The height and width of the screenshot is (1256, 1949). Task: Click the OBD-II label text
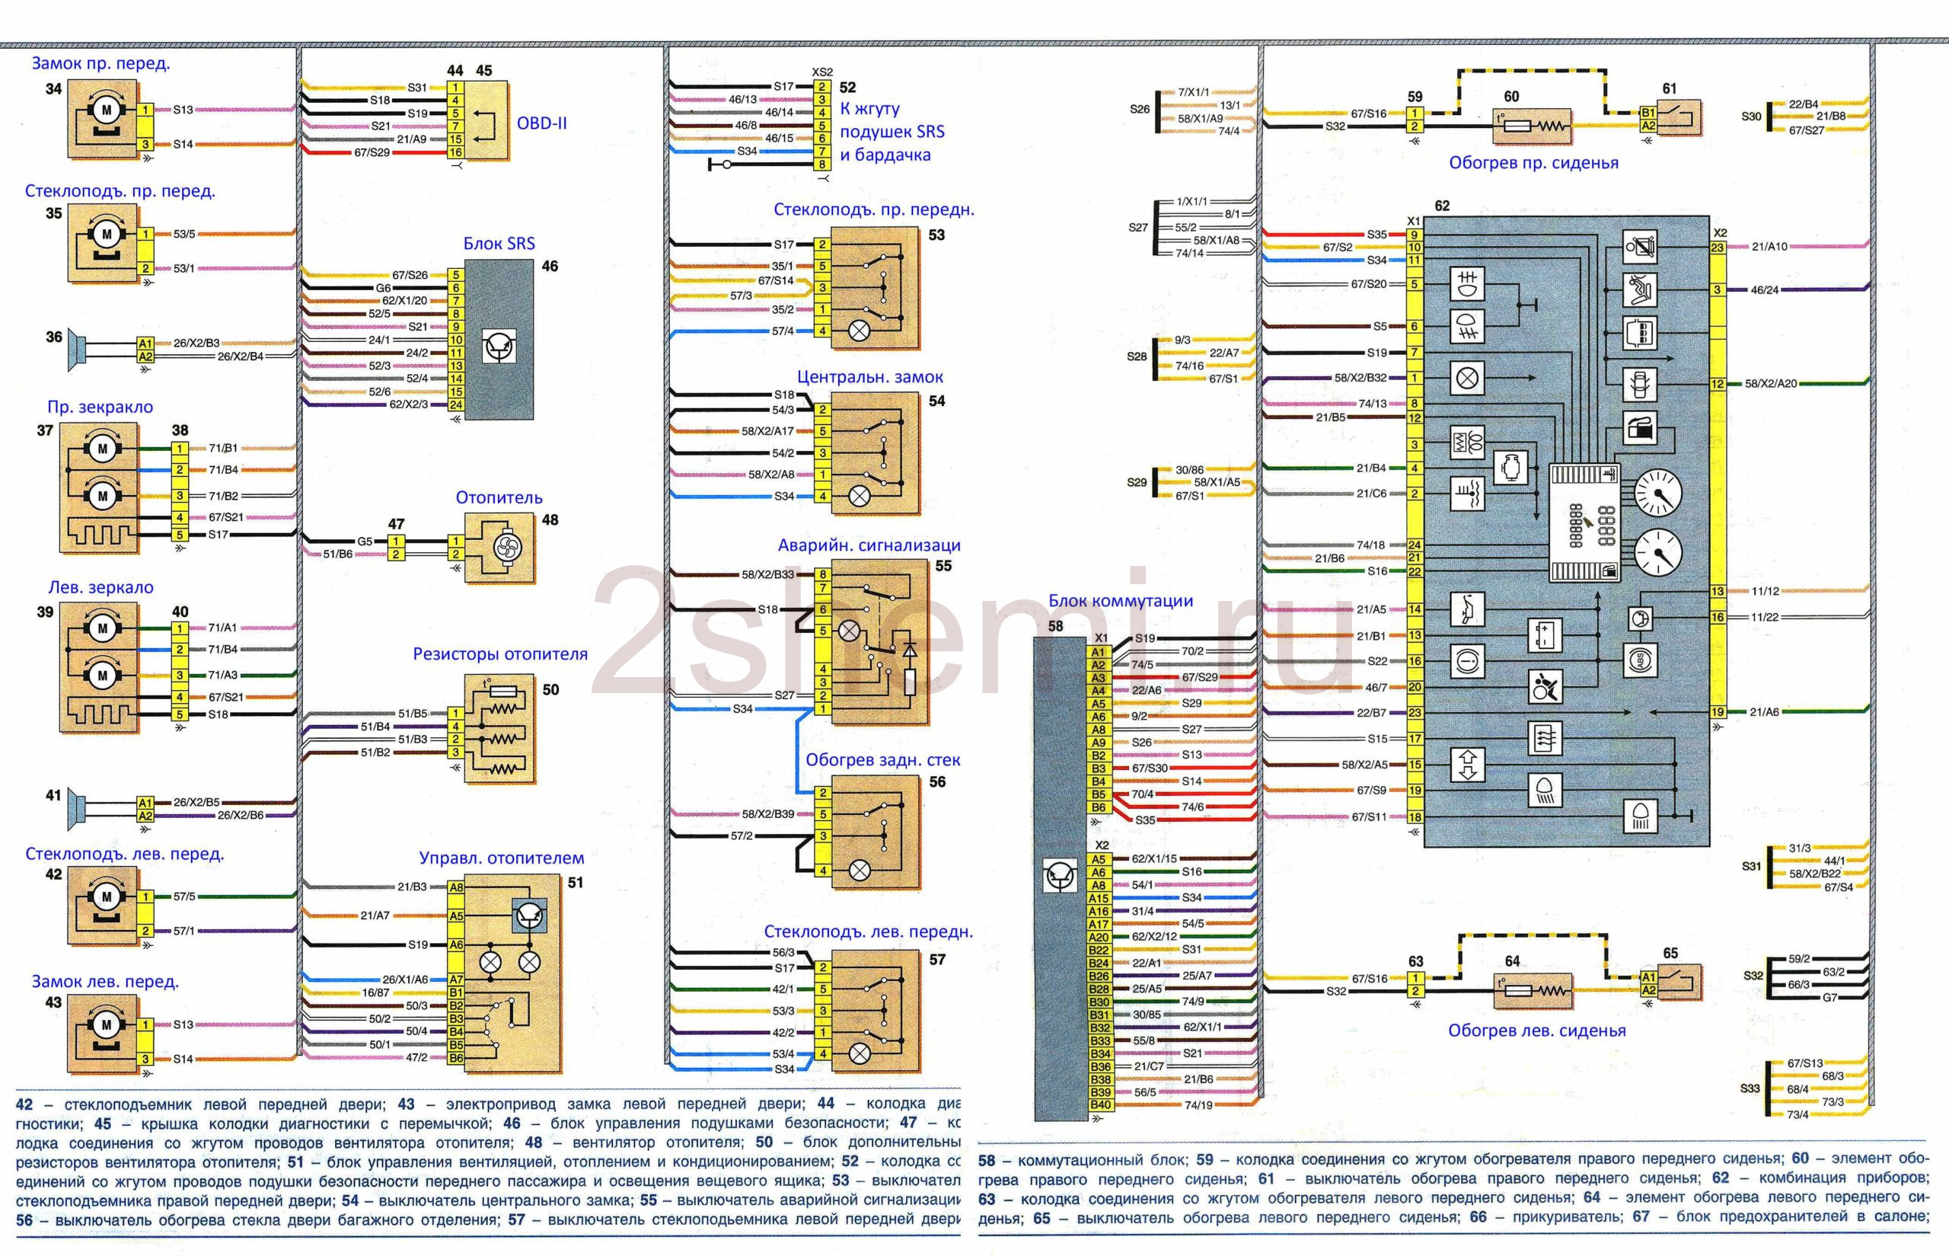pos(541,124)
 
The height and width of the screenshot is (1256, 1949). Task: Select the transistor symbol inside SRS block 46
pos(498,347)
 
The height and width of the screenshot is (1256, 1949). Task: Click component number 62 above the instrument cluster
pos(1441,206)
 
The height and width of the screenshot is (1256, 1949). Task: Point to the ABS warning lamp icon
pos(1640,660)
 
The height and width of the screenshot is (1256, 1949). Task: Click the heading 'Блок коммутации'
pos(1120,601)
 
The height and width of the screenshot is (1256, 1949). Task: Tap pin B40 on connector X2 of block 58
pos(1099,1105)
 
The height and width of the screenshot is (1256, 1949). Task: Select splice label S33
pos(1750,1088)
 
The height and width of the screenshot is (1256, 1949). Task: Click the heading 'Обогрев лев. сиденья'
pos(1536,1031)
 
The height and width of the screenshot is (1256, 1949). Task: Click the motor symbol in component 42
pos(106,897)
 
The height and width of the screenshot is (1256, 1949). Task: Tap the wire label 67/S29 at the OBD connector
pos(372,152)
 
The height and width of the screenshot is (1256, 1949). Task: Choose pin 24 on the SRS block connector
pos(456,404)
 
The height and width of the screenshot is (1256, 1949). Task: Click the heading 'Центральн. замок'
pos(869,378)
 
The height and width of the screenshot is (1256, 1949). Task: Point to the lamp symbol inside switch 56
pos(860,871)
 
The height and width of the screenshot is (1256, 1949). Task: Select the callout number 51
pos(576,883)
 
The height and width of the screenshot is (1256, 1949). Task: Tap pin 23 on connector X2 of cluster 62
pos(1717,248)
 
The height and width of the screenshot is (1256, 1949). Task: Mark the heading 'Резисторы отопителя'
pos(499,654)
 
